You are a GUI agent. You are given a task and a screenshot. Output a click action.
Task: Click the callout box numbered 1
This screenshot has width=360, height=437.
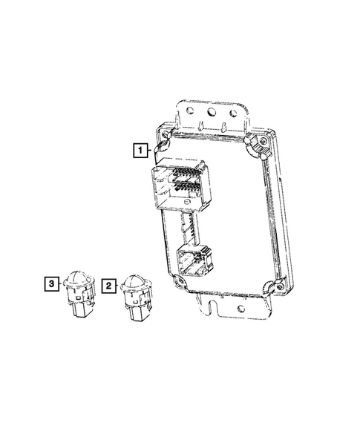[140, 150]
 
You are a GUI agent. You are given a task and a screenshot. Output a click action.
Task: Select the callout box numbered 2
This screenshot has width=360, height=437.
[109, 286]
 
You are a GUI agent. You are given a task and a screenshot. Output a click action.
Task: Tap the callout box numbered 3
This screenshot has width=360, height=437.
[52, 283]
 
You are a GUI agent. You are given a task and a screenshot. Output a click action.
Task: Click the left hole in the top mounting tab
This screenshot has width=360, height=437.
[190, 111]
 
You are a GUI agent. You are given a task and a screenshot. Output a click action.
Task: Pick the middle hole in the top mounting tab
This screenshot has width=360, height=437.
[212, 112]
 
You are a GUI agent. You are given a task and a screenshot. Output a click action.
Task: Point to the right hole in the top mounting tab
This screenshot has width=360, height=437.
[233, 114]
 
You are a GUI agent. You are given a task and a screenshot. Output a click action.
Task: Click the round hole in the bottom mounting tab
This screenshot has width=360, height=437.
[241, 309]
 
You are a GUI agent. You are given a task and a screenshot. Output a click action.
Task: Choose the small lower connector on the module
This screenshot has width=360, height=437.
[194, 260]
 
